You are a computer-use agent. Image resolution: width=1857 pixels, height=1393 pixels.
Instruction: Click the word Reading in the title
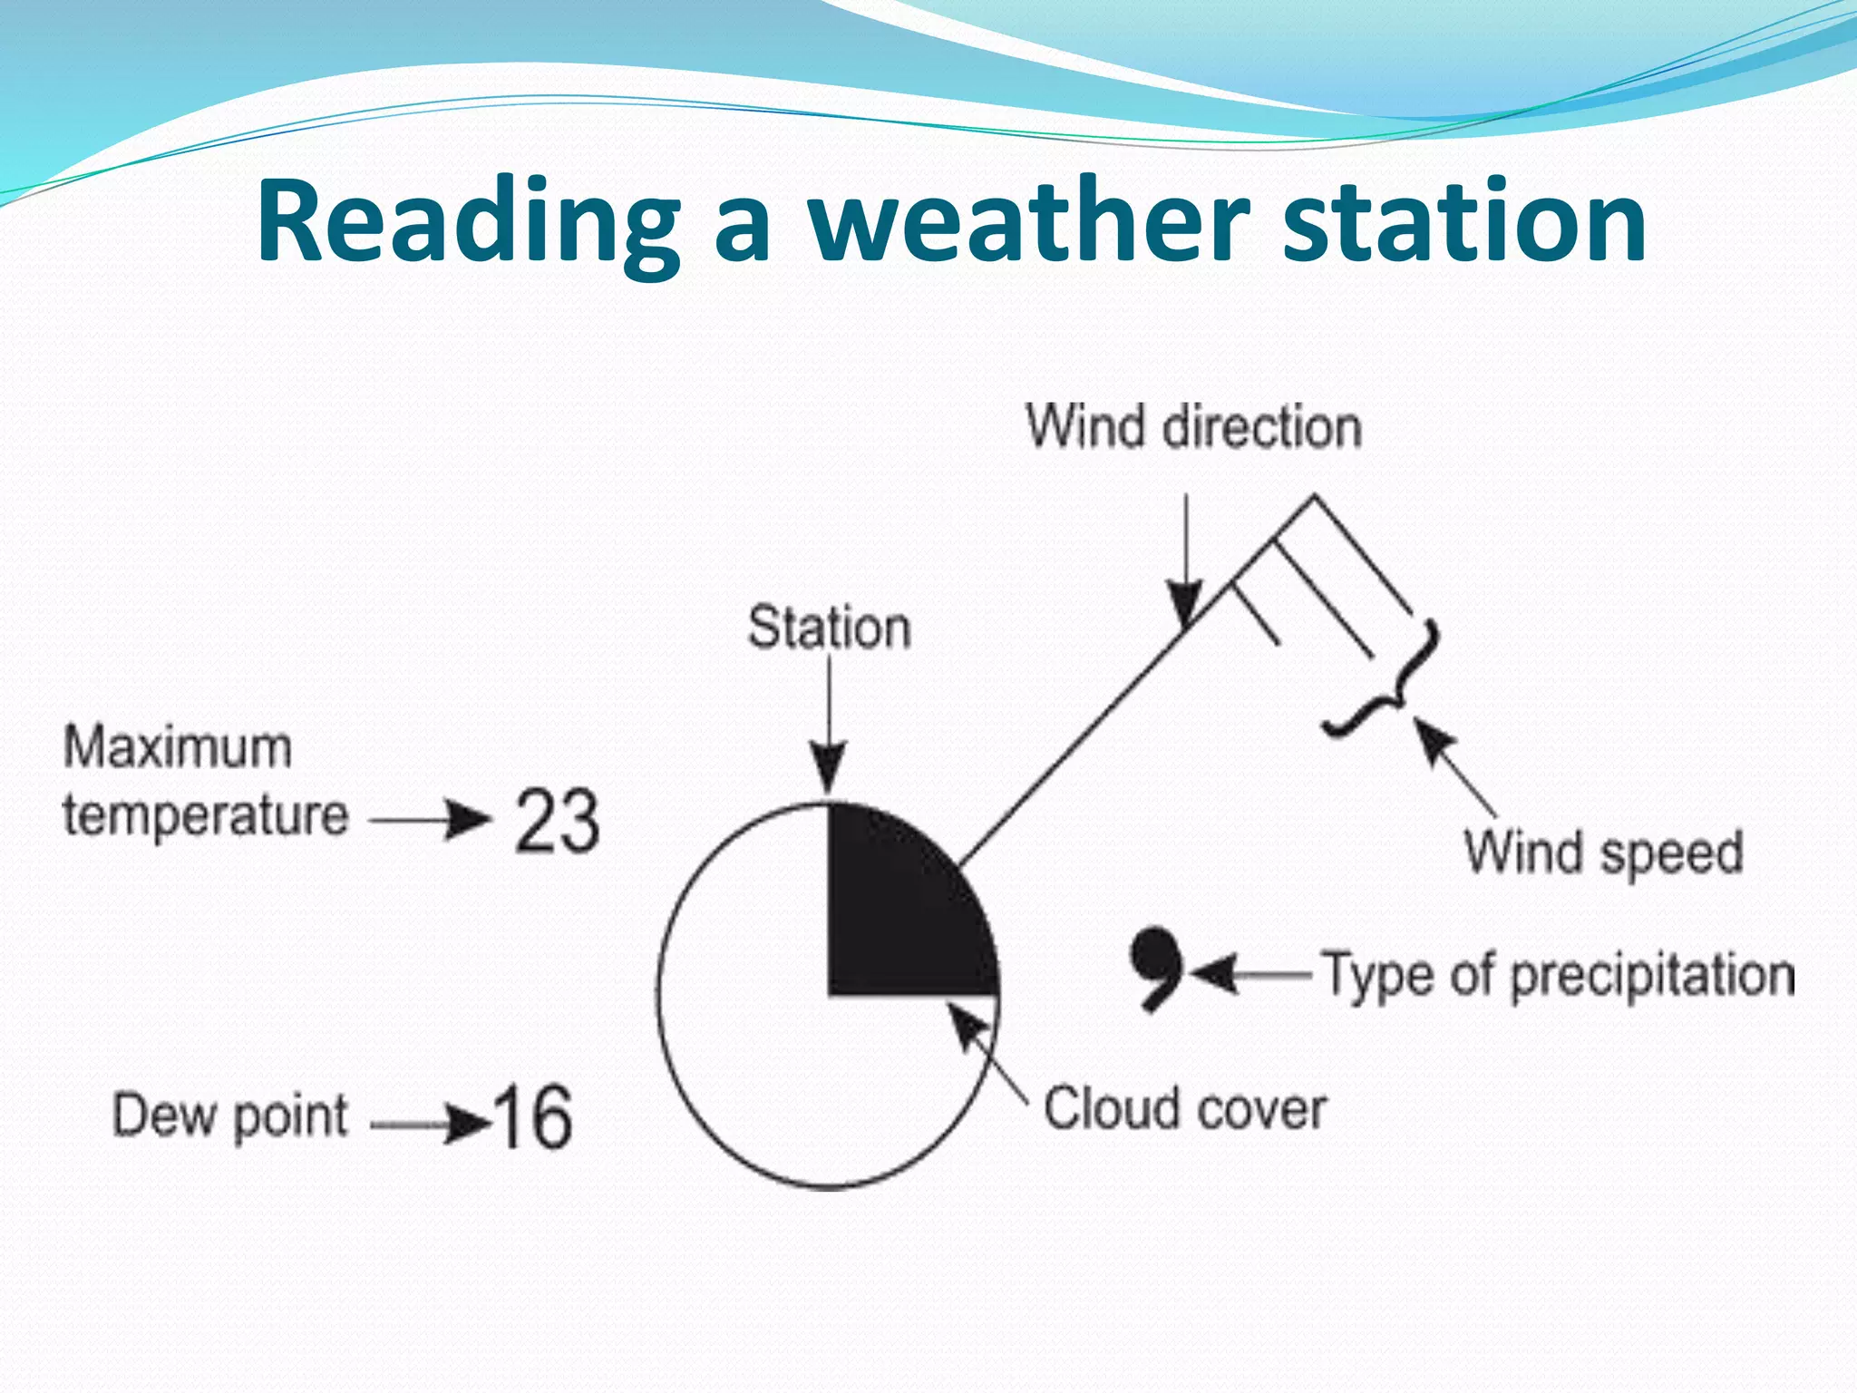467,222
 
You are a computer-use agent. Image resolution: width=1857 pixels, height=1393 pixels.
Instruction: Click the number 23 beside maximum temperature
557,821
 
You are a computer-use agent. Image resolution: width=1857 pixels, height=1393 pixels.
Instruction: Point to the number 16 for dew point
533,1117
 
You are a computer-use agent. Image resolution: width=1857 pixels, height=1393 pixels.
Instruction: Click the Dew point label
229,1115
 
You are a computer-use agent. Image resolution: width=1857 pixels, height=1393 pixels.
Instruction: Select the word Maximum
178,748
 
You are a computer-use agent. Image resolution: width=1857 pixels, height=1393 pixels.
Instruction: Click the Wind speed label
1603,852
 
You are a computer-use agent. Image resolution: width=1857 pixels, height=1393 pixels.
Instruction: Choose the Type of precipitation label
1556,976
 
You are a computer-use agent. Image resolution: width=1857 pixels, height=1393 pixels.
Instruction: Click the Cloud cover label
1184,1108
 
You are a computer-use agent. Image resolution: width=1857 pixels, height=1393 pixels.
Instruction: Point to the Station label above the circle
829,628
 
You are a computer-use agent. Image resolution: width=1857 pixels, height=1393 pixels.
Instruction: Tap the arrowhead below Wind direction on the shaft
1185,605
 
